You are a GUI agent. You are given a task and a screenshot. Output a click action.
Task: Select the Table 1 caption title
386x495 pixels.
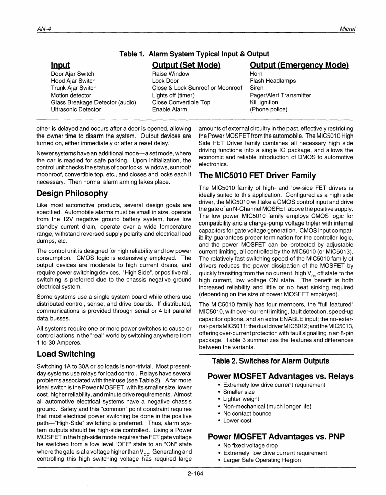(x=194, y=54)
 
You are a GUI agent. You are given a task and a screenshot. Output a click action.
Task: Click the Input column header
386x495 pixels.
(x=60, y=65)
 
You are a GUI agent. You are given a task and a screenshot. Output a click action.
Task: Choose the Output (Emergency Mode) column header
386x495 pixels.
(x=299, y=65)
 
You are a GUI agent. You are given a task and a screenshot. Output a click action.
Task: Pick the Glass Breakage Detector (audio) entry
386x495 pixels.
(x=93, y=102)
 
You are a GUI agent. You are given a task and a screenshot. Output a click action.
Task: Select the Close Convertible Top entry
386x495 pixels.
(x=181, y=102)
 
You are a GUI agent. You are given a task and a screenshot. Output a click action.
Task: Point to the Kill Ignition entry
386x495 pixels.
(x=264, y=102)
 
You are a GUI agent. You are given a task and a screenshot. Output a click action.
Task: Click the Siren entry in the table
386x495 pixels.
(x=257, y=88)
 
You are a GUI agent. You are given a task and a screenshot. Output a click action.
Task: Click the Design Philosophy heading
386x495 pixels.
(x=72, y=193)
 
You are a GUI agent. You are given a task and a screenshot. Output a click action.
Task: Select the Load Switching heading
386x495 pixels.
(x=66, y=354)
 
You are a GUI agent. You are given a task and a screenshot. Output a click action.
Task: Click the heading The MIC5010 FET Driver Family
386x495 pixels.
(x=257, y=176)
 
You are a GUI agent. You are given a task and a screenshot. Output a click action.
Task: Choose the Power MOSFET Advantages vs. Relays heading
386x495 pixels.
(x=280, y=376)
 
